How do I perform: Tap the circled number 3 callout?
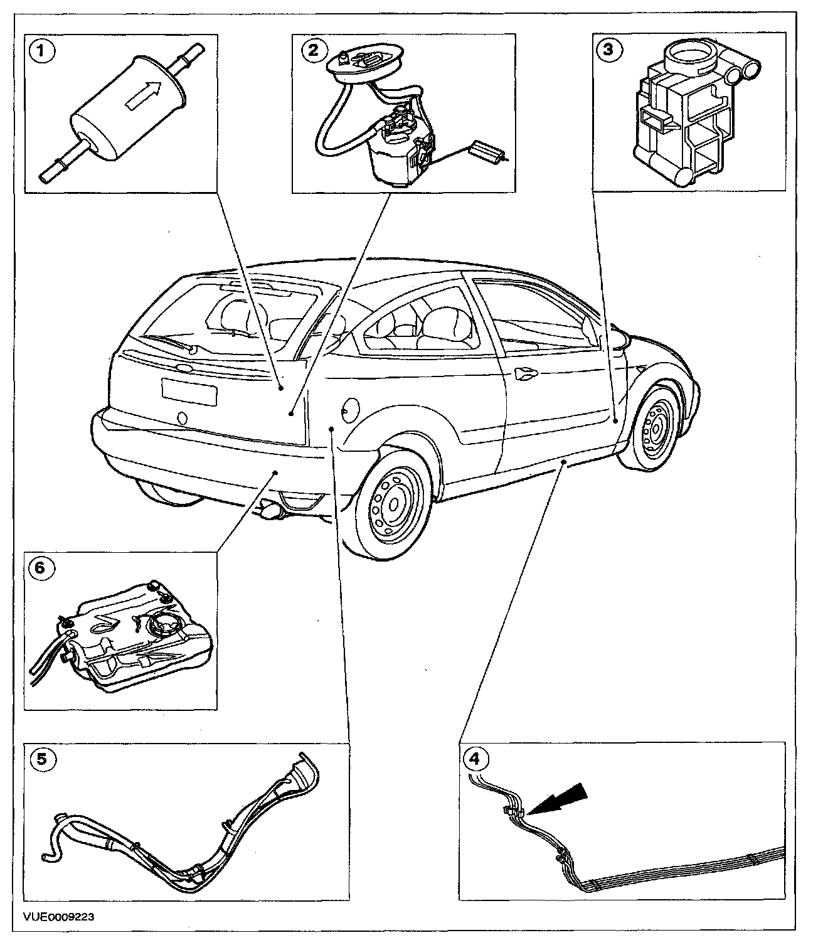click(608, 50)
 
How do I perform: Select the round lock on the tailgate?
click(182, 417)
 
